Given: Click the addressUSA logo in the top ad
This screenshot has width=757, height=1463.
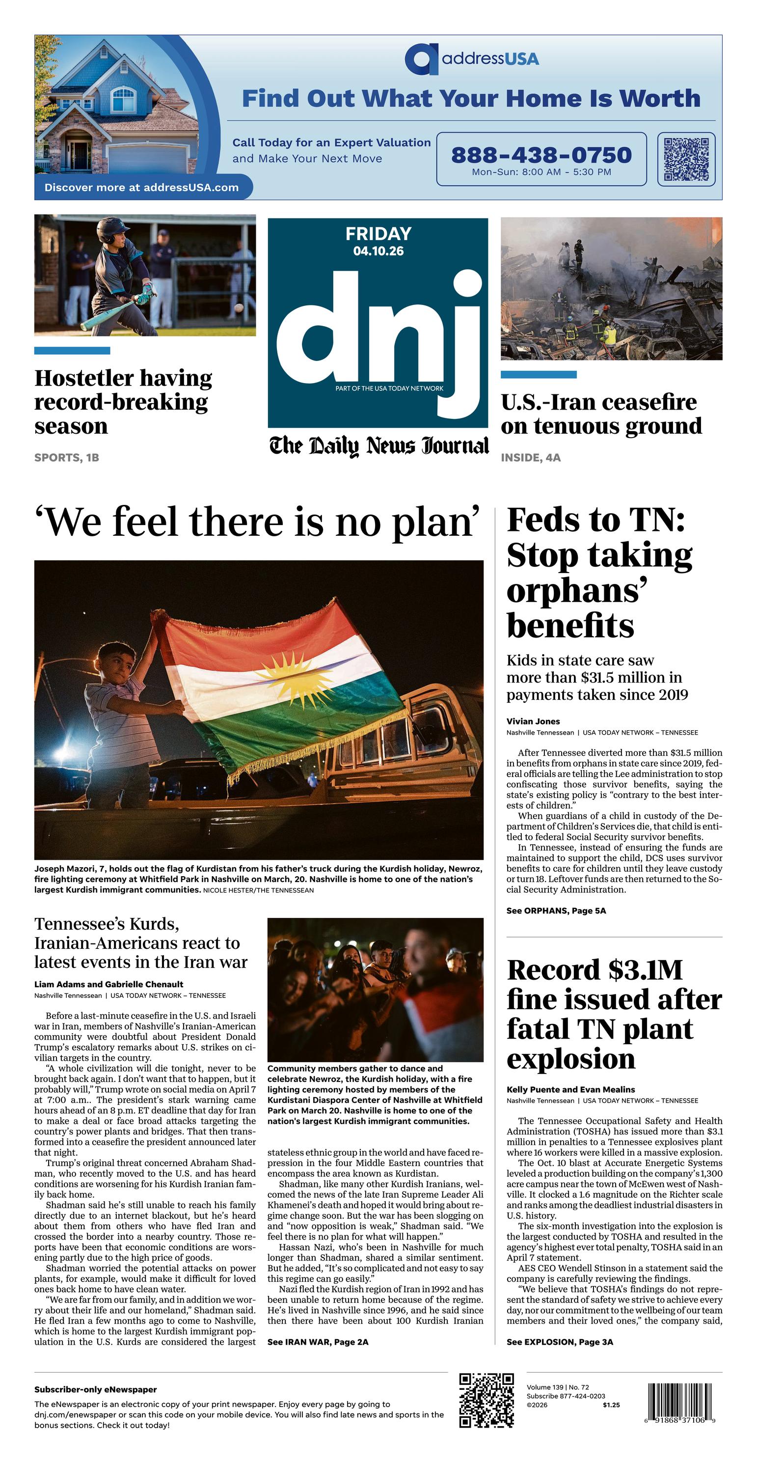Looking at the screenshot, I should tap(471, 58).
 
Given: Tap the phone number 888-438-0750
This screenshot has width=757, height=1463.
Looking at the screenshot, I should tap(541, 155).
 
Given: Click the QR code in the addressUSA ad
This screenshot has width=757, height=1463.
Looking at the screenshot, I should tap(686, 159).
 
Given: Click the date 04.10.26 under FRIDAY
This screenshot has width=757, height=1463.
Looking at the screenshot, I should tap(378, 251).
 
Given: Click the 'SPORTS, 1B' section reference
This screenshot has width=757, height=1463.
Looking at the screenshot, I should tap(66, 457).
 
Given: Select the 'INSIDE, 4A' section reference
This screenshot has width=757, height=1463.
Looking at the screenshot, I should tap(530, 457).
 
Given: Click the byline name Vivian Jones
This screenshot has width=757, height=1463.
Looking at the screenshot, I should tap(533, 721).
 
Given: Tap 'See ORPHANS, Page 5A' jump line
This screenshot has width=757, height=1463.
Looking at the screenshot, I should tap(556, 911).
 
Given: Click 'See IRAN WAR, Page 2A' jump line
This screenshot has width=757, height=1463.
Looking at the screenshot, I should tap(318, 1342).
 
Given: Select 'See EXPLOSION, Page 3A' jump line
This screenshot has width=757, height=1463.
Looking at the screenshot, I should tap(559, 1342).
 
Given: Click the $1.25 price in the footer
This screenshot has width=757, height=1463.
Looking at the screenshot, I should tap(611, 1405).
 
